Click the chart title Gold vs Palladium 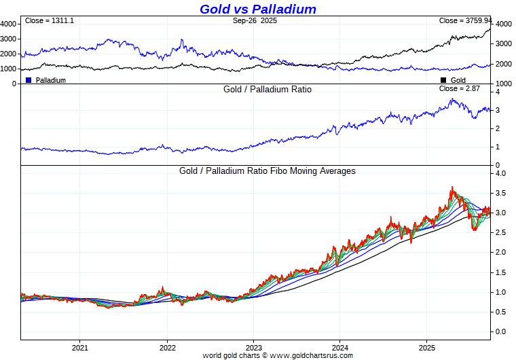coord(258,9)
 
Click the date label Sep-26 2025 coord(255,21)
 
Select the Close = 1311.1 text coord(49,21)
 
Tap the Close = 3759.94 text coord(465,21)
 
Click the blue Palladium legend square coord(29,80)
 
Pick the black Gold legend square coord(443,80)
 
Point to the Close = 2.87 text coord(459,89)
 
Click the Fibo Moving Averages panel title coord(268,171)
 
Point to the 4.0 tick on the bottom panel coord(500,173)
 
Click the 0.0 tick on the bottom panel coord(500,331)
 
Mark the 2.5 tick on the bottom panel coord(500,233)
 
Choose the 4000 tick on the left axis coord(9,24)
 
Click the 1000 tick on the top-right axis coord(503,84)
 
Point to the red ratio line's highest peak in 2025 coord(451,187)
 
